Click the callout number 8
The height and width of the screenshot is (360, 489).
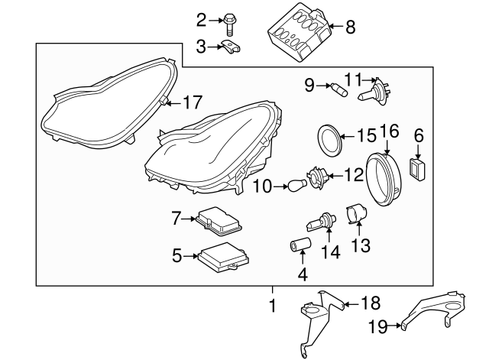click(x=350, y=28)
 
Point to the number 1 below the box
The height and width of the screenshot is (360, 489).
click(x=271, y=306)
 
